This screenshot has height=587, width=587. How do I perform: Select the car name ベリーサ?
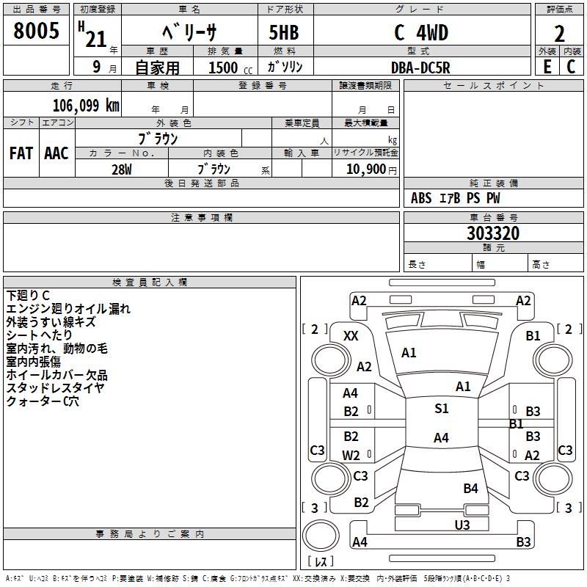[x=189, y=33]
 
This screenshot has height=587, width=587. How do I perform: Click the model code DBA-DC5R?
[x=420, y=68]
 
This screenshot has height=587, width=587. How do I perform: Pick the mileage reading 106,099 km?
[x=86, y=106]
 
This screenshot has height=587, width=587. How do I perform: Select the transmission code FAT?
[x=21, y=153]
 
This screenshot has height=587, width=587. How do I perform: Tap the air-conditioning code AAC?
[x=56, y=153]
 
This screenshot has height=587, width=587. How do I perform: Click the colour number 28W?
[x=121, y=169]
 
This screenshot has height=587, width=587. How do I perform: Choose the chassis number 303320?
[x=493, y=233]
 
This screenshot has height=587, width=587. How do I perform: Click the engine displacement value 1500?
[x=225, y=68]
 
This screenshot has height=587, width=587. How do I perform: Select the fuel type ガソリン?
[x=285, y=67]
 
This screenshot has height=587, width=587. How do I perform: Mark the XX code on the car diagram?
[x=351, y=335]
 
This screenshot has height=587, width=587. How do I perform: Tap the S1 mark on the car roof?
[x=441, y=409]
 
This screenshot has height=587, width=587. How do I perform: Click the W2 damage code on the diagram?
[x=351, y=455]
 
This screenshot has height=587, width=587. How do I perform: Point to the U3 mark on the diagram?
[x=462, y=525]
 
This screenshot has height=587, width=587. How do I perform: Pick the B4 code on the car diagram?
[x=470, y=488]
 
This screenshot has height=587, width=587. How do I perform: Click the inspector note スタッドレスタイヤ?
[x=56, y=388]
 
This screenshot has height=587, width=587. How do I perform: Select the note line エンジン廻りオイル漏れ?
[x=68, y=309]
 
